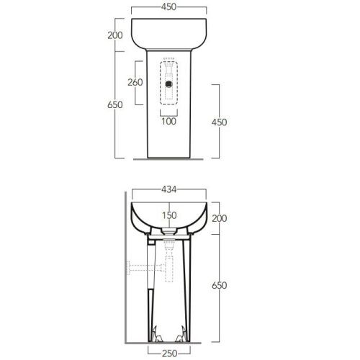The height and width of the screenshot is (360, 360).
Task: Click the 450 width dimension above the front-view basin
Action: tap(169, 6)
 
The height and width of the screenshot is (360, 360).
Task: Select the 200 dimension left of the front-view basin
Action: tap(115, 35)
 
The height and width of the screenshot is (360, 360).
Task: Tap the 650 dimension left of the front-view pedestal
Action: tap(115, 104)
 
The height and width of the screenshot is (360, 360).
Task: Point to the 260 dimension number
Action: tap(135, 82)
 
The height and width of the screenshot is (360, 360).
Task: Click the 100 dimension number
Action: tap(169, 121)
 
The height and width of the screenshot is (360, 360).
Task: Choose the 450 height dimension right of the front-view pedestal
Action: tap(219, 122)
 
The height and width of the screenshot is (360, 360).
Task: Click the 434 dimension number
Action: tap(169, 189)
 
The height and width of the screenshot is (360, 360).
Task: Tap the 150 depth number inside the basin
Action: tap(169, 215)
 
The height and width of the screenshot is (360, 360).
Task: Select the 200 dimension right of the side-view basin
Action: tap(220, 218)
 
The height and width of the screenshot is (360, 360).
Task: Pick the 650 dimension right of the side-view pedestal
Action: tap(220, 285)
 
